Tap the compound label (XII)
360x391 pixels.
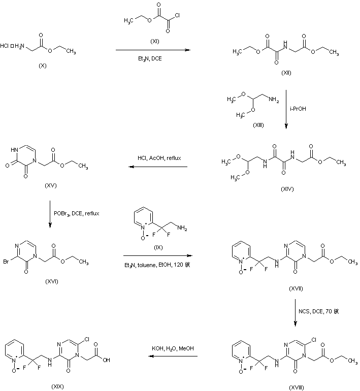pos(286,74)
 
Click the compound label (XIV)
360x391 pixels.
pos(286,189)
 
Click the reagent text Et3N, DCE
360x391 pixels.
pos(152,58)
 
